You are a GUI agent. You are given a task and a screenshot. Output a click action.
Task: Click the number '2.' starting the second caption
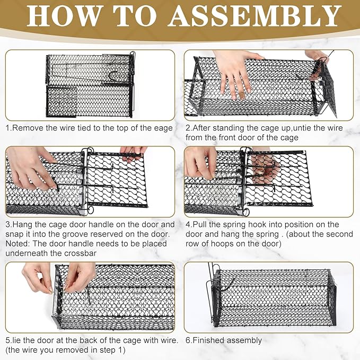tap(188, 128)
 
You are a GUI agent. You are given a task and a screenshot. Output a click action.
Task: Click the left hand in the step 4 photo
tap(201, 163)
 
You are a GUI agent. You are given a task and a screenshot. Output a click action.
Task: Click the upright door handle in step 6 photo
tap(208, 286)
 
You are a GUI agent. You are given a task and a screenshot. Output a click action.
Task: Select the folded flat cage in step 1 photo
tap(90, 85)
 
